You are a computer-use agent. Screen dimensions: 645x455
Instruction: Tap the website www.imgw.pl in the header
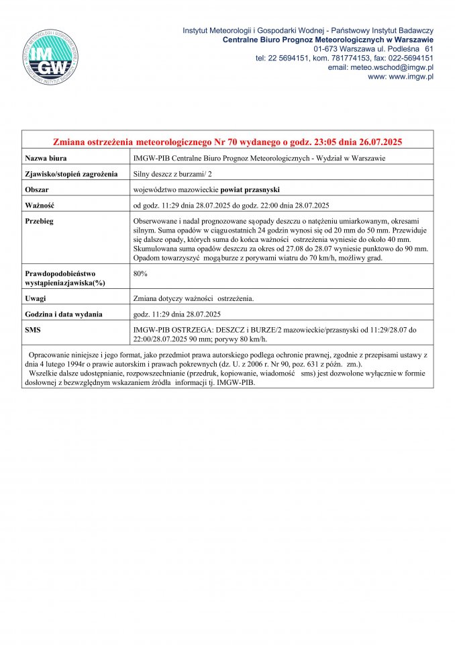401,77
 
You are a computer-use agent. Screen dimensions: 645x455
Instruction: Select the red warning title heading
227,142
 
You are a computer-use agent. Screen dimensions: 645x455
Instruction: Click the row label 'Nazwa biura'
46,158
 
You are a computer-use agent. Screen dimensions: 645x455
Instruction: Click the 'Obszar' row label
38,189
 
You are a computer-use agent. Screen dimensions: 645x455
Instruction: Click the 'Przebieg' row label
40,220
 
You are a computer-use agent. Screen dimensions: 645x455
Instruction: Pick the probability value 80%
141,274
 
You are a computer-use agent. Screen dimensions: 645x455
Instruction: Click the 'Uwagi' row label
36,298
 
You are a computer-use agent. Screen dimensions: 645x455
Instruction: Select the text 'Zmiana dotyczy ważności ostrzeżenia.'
194,298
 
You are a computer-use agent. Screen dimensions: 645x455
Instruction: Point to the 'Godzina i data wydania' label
64,314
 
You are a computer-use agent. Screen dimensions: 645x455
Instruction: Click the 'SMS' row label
34,329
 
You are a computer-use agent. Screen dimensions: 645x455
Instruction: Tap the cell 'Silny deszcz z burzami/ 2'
174,173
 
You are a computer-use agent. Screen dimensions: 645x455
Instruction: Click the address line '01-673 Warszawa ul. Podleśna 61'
373,49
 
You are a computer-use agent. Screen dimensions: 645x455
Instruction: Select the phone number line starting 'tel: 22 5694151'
344,58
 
